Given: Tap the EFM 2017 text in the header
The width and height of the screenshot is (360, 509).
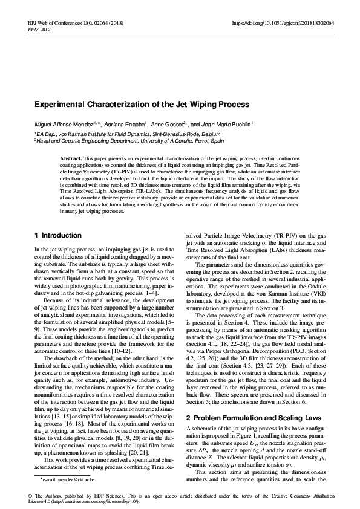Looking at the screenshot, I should click(x=22, y=30).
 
